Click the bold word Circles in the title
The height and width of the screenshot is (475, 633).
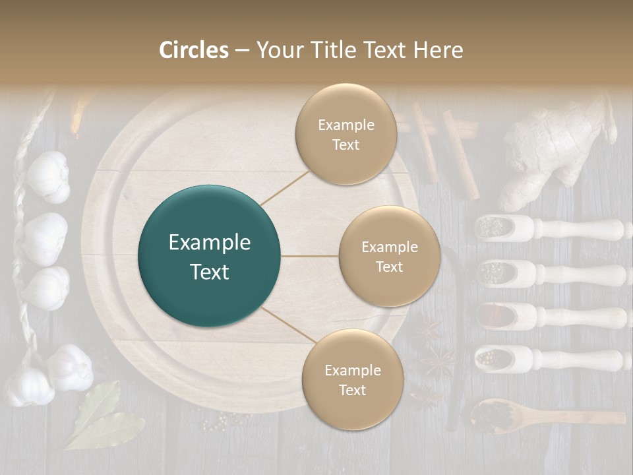pos(193,50)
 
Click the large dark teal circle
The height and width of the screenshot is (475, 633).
pos(210,256)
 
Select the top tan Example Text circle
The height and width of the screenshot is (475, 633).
pos(346,134)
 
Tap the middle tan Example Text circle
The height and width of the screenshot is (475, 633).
pos(389,256)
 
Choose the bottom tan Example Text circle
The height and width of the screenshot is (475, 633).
pos(352,379)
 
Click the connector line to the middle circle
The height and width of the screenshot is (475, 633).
pos(310,256)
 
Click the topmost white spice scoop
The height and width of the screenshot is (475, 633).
pos(547,228)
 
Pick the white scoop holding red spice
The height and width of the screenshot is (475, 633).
pos(547,316)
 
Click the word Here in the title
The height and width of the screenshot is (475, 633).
pos(438,50)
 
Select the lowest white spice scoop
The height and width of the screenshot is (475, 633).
pos(547,359)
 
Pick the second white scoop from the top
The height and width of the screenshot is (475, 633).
pos(547,272)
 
